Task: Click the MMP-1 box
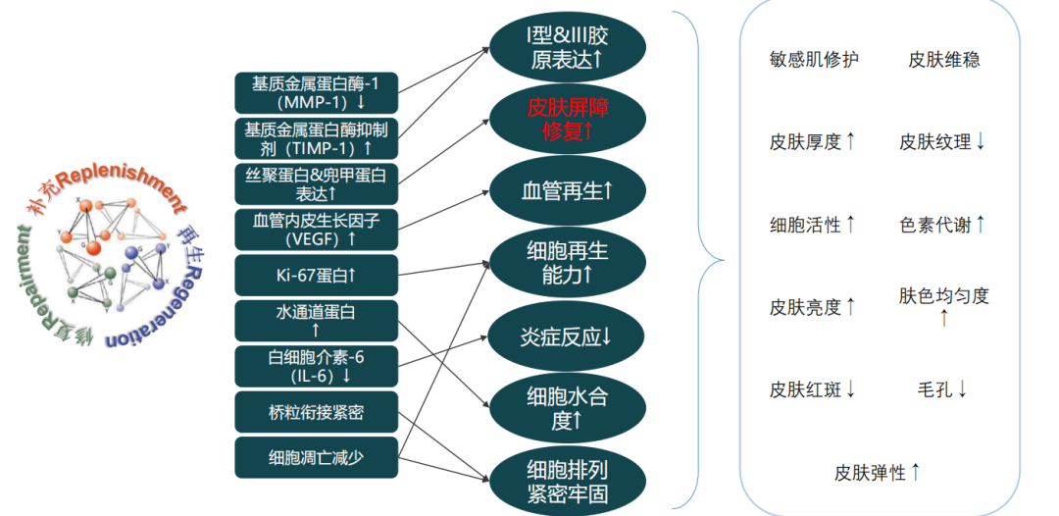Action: pos(316,92)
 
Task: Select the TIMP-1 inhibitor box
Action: pos(316,138)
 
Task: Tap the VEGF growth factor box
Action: pos(316,230)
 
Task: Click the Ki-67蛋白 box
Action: pos(316,275)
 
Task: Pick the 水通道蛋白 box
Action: pos(316,321)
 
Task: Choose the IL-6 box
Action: pos(316,366)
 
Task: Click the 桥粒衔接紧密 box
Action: pos(316,412)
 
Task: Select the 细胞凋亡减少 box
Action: pos(316,458)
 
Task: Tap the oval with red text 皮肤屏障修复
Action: pos(568,119)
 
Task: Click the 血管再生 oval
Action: pos(568,191)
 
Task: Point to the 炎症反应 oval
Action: pos(568,336)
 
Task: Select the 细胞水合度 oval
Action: pos(568,409)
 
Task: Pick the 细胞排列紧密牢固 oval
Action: pos(568,481)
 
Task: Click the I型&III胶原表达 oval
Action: pos(568,47)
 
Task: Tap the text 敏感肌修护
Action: pos(814,60)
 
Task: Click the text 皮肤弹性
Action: pos(870,472)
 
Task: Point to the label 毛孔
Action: pos(934,389)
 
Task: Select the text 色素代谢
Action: pos(934,225)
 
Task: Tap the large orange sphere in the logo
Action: pos(94,247)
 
